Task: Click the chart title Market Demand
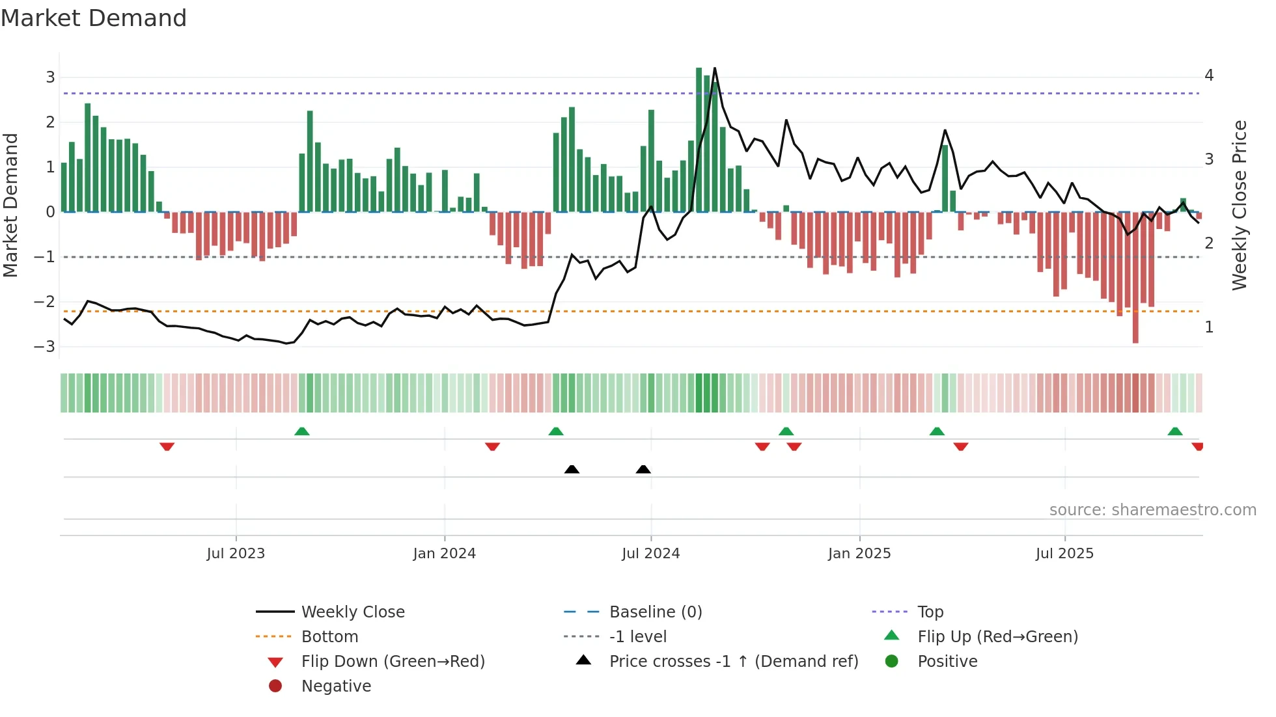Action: click(94, 18)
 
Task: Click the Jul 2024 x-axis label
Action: click(650, 554)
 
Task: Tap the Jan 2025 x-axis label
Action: click(859, 554)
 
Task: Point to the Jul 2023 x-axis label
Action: click(236, 554)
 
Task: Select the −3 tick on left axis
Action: click(44, 347)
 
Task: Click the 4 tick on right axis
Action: click(1209, 75)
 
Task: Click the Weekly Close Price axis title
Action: click(1240, 205)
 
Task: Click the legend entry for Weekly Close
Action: click(352, 612)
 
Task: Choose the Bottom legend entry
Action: click(329, 637)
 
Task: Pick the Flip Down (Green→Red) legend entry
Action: click(393, 662)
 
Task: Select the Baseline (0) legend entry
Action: click(655, 612)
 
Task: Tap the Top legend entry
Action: click(930, 612)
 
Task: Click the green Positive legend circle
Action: click(892, 662)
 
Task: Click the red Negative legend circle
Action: click(275, 686)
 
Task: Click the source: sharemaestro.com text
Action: click(1152, 510)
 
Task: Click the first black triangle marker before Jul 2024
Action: click(572, 469)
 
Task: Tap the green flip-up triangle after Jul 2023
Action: click(301, 431)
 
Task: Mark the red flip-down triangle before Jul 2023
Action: click(167, 446)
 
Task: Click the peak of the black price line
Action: click(715, 68)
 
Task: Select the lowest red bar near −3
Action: click(1135, 338)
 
